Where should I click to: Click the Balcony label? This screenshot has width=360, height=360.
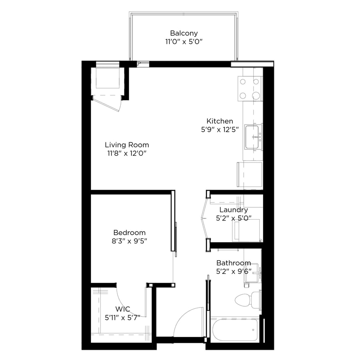tap(184, 33)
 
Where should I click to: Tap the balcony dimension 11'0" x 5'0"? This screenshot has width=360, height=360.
tap(184, 42)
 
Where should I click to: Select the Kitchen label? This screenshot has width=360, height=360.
tap(220, 121)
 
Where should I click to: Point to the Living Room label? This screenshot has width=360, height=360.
tap(127, 145)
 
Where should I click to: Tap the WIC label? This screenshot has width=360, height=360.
tap(122, 309)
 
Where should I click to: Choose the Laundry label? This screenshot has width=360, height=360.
tap(233, 210)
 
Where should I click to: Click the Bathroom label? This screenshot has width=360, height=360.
tap(233, 263)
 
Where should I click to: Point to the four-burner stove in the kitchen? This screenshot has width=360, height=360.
tap(250, 88)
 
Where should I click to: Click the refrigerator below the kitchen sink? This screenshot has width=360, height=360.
tap(250, 175)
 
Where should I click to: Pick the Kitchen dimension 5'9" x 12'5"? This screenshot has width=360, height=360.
tap(220, 129)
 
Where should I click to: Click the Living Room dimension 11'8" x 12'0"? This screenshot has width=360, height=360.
tap(127, 154)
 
